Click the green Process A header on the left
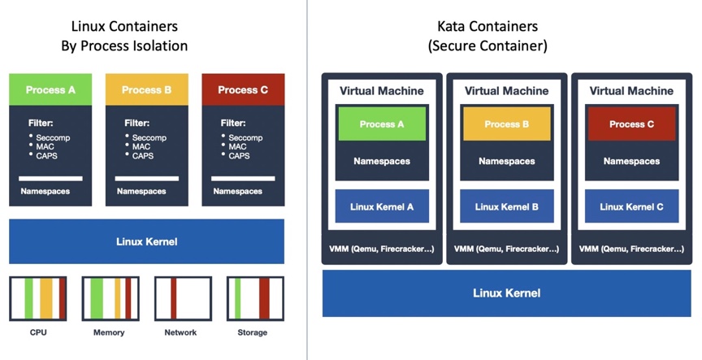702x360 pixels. pos(50,89)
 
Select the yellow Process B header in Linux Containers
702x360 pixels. pos(146,89)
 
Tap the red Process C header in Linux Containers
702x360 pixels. pos(243,89)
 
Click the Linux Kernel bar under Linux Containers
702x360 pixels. pos(146,241)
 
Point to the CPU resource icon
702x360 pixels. pos(38,298)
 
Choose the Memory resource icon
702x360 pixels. pos(110,298)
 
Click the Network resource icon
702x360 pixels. pos(183,298)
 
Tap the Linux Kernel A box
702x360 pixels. pos(382,206)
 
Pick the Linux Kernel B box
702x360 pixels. pos(507,206)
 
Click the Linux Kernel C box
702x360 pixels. pos(631,206)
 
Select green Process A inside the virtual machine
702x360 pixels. pos(382,124)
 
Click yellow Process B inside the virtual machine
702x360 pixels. pos(507,124)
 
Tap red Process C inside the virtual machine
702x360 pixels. pos(631,124)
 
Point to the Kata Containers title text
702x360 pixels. pos(487,28)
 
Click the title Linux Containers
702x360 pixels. pos(124,28)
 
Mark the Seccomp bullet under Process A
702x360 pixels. pos(52,138)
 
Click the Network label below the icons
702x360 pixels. pos(180,332)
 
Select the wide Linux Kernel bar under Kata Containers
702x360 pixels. pos(507,293)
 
